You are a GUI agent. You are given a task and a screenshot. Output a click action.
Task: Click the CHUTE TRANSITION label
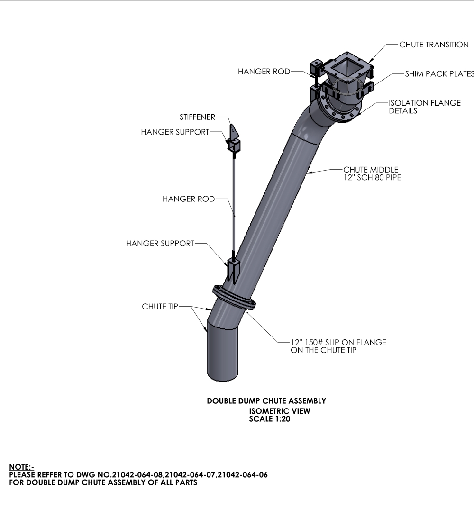(x=434, y=45)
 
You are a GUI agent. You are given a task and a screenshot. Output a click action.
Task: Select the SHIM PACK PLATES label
(x=439, y=74)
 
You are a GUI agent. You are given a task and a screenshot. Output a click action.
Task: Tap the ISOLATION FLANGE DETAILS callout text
(x=425, y=107)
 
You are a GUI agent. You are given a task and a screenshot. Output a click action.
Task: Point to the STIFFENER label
(x=197, y=117)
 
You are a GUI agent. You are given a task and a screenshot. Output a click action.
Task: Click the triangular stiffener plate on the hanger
(x=233, y=132)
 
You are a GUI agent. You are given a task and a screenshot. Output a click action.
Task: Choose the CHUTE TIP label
(x=160, y=307)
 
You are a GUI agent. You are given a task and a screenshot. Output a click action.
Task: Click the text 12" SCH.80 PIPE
(x=373, y=178)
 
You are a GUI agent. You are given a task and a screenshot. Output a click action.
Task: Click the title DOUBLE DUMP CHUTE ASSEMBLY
(x=266, y=401)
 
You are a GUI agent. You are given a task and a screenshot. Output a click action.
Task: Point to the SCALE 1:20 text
(x=270, y=419)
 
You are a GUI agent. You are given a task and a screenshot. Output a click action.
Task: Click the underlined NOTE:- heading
(x=21, y=467)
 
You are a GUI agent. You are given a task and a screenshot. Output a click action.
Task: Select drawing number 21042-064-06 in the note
(x=243, y=475)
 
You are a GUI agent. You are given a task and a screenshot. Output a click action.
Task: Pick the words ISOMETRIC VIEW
(x=280, y=411)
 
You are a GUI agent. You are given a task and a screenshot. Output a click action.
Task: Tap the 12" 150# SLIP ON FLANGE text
(x=338, y=343)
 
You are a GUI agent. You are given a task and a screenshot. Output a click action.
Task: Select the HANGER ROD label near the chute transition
(x=264, y=72)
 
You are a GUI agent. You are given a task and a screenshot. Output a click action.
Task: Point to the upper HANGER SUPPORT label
(x=175, y=132)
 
